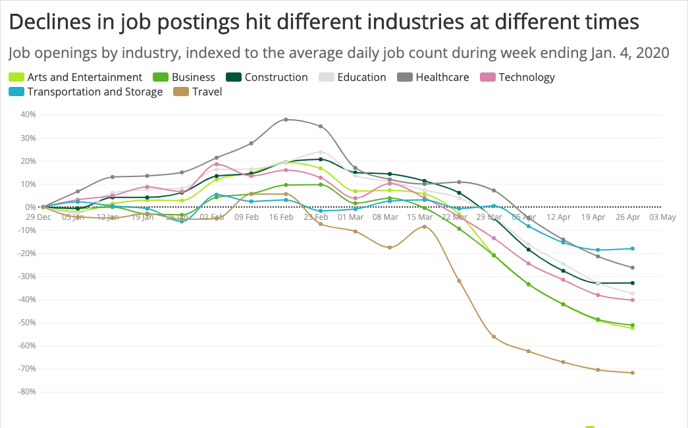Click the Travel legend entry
pyautogui.click(x=207, y=92)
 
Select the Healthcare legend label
pyautogui.click(x=442, y=77)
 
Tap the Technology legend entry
pyautogui.click(x=526, y=77)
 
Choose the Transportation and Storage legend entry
pyautogui.click(x=94, y=92)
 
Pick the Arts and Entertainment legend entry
pyautogui.click(x=84, y=77)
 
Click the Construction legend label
pyautogui.click(x=276, y=77)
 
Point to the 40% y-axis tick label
pyautogui.click(x=28, y=115)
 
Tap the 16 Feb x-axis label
pyautogui.click(x=281, y=216)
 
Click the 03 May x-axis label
pyautogui.click(x=663, y=216)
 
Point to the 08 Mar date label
pyautogui.click(x=386, y=216)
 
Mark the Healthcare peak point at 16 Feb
pyautogui.click(x=286, y=119)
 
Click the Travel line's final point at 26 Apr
pyautogui.click(x=633, y=373)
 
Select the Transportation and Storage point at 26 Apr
pyautogui.click(x=633, y=249)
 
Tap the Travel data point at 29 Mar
pyautogui.click(x=494, y=336)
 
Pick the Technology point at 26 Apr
pyautogui.click(x=633, y=300)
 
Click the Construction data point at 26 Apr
pyautogui.click(x=633, y=283)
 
